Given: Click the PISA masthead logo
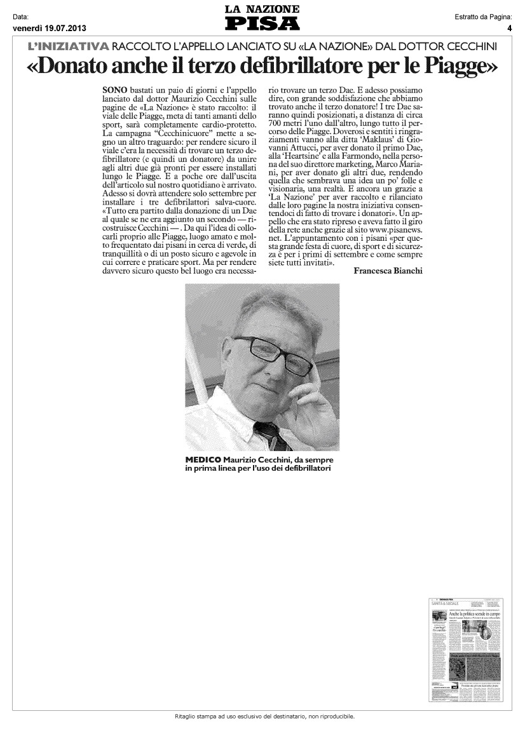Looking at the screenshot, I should (262, 24).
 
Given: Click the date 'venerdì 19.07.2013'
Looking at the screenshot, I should (49, 28).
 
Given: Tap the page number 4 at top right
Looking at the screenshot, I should (509, 28).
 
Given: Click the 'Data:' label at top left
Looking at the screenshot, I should (21, 17).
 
